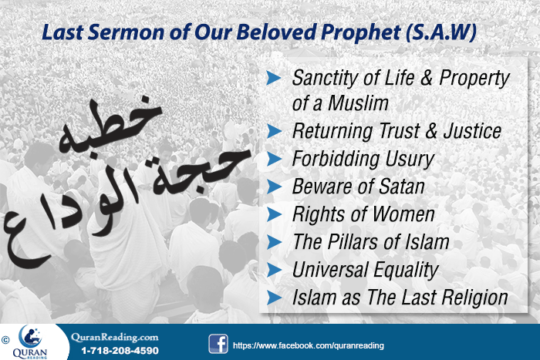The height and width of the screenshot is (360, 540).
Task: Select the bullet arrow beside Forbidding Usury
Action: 272,159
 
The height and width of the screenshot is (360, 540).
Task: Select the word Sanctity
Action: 326,78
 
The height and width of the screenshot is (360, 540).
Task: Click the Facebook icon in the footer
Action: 218,343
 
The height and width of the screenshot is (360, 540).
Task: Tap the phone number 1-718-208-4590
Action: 114,350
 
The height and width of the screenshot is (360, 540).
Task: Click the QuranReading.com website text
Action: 114,337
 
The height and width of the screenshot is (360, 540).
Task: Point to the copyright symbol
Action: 5,337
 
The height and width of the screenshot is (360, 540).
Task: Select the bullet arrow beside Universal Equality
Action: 272,270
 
